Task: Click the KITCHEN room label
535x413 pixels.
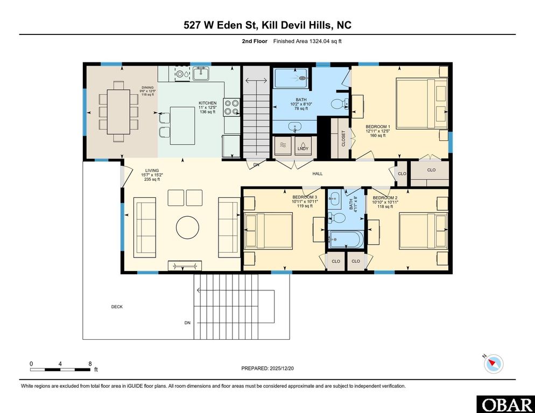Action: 207,103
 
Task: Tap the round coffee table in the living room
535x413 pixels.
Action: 187,226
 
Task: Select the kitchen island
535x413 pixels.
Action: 182,125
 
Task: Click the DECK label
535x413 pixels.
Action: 117,307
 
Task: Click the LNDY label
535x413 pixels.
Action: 303,149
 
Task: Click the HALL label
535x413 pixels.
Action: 318,174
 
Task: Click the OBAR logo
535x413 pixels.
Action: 505,404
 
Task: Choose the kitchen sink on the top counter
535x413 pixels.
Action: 201,73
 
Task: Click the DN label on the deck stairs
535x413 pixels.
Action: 187,323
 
